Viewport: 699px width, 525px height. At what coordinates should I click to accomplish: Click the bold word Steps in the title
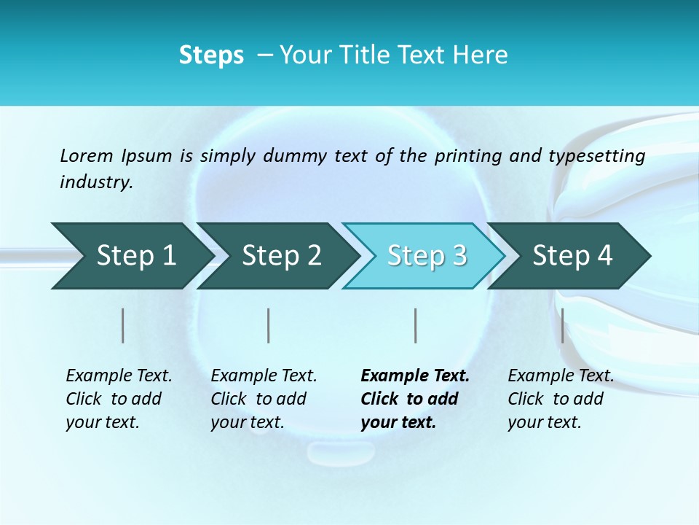211,55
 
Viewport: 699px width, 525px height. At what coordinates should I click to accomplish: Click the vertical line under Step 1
123,325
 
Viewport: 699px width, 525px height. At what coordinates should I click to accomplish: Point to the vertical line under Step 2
269,325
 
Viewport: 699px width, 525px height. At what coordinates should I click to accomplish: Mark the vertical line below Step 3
415,325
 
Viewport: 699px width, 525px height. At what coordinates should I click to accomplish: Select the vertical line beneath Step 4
562,325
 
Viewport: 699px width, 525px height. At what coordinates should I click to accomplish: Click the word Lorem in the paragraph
86,155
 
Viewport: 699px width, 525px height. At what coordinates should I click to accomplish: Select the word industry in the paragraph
96,182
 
